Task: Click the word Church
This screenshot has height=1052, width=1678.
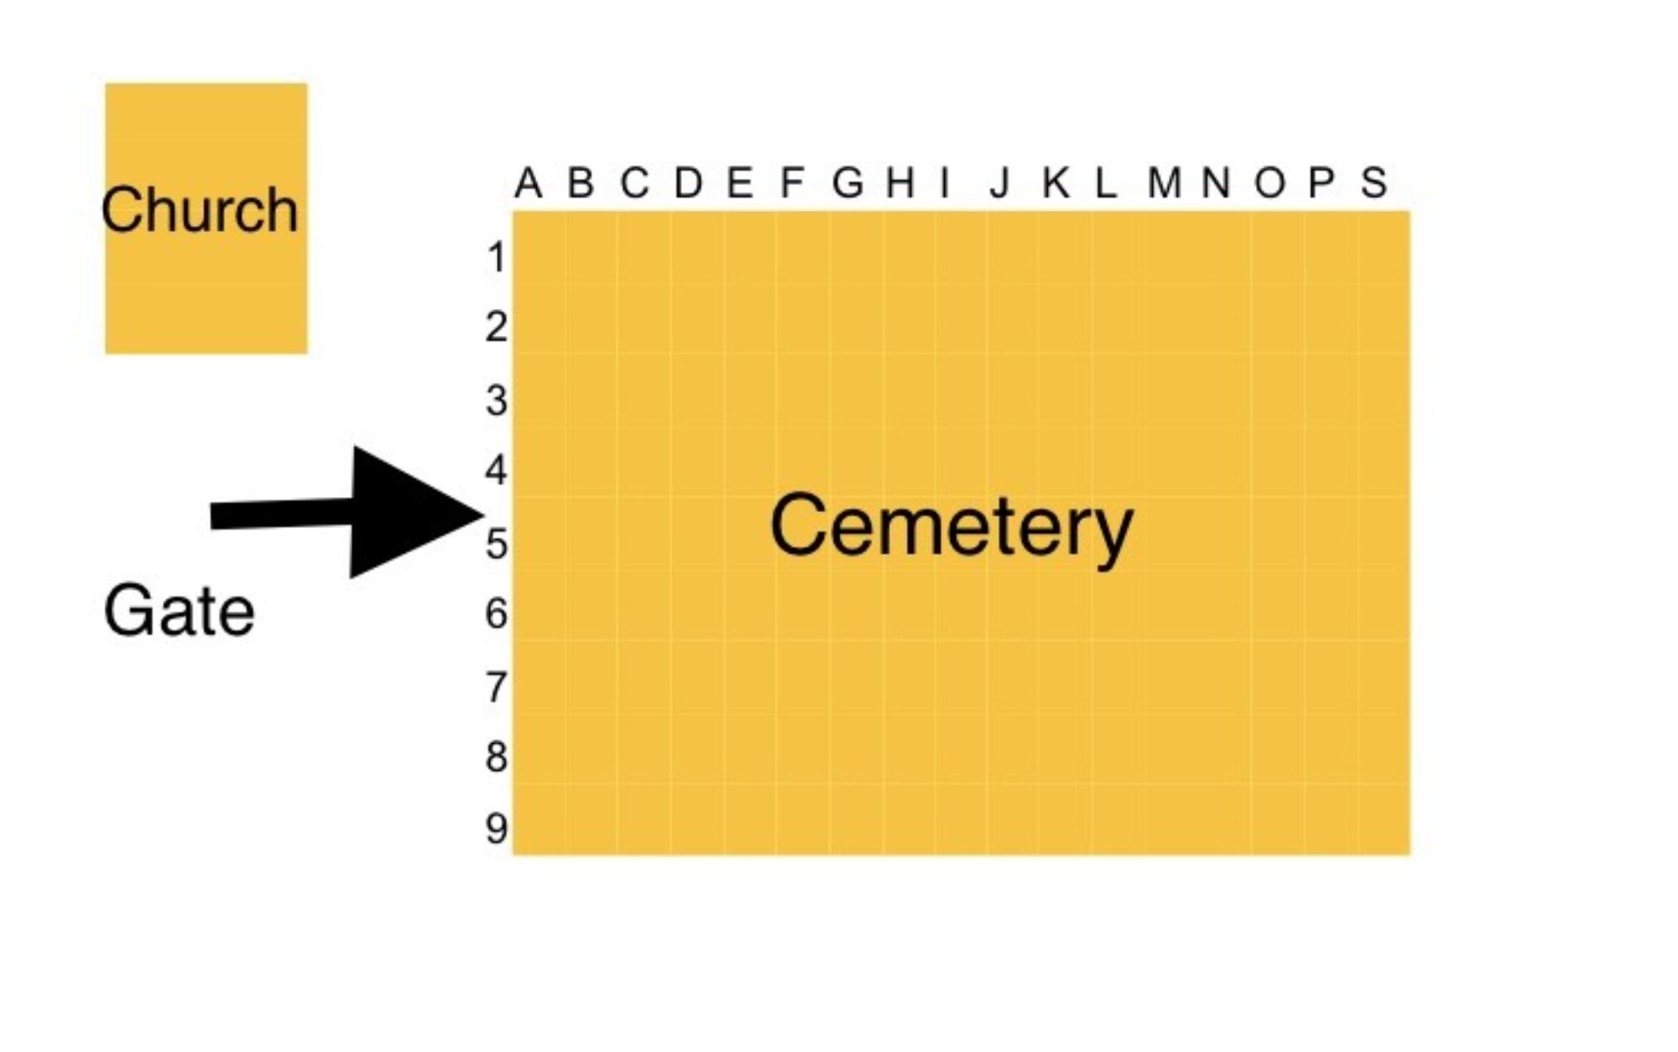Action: tap(200, 210)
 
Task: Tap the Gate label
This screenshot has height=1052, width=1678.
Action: tap(179, 611)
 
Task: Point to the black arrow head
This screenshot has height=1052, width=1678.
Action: tap(411, 512)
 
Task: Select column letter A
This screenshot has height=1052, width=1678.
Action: tap(528, 182)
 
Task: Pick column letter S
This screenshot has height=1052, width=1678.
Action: tap(1373, 182)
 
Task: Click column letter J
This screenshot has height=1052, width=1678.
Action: tap(998, 182)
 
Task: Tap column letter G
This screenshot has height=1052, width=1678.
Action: tap(847, 182)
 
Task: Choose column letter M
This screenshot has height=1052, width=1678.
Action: tap(1165, 182)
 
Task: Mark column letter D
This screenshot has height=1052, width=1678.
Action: tap(688, 182)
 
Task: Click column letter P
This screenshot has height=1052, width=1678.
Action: tap(1321, 182)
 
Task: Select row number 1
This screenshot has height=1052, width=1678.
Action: tap(497, 258)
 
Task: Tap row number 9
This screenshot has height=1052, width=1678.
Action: tap(497, 829)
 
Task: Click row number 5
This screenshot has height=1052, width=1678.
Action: tap(497, 544)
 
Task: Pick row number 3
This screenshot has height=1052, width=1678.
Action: tap(497, 400)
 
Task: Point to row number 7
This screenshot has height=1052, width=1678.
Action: tap(497, 687)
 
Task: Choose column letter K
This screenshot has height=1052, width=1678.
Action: tap(1055, 182)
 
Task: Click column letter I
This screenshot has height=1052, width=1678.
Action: tap(946, 182)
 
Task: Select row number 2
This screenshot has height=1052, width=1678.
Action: tap(497, 327)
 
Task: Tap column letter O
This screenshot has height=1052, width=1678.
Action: tap(1269, 182)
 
